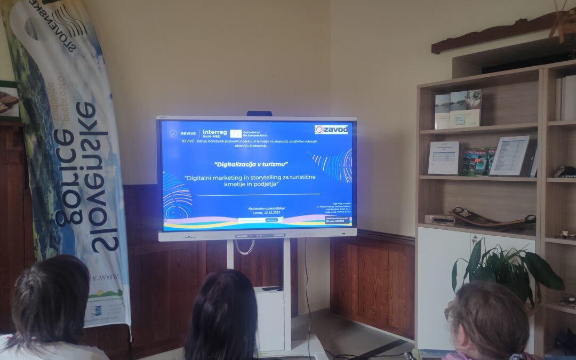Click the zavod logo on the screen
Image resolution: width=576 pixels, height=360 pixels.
click(x=331, y=129)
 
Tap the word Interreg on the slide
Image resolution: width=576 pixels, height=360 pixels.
click(x=214, y=133)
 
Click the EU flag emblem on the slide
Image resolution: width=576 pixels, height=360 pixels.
click(x=236, y=133)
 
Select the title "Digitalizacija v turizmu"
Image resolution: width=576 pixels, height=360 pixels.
click(x=250, y=164)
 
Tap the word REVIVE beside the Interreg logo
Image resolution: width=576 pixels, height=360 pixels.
click(x=188, y=134)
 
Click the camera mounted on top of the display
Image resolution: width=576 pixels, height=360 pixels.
click(x=259, y=113)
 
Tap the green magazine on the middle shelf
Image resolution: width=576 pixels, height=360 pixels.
click(x=476, y=161)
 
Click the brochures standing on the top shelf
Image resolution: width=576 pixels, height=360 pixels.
click(x=458, y=109)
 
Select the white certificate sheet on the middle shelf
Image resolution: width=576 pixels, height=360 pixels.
click(x=443, y=157)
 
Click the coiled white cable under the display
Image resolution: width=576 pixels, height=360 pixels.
click(x=245, y=246)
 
